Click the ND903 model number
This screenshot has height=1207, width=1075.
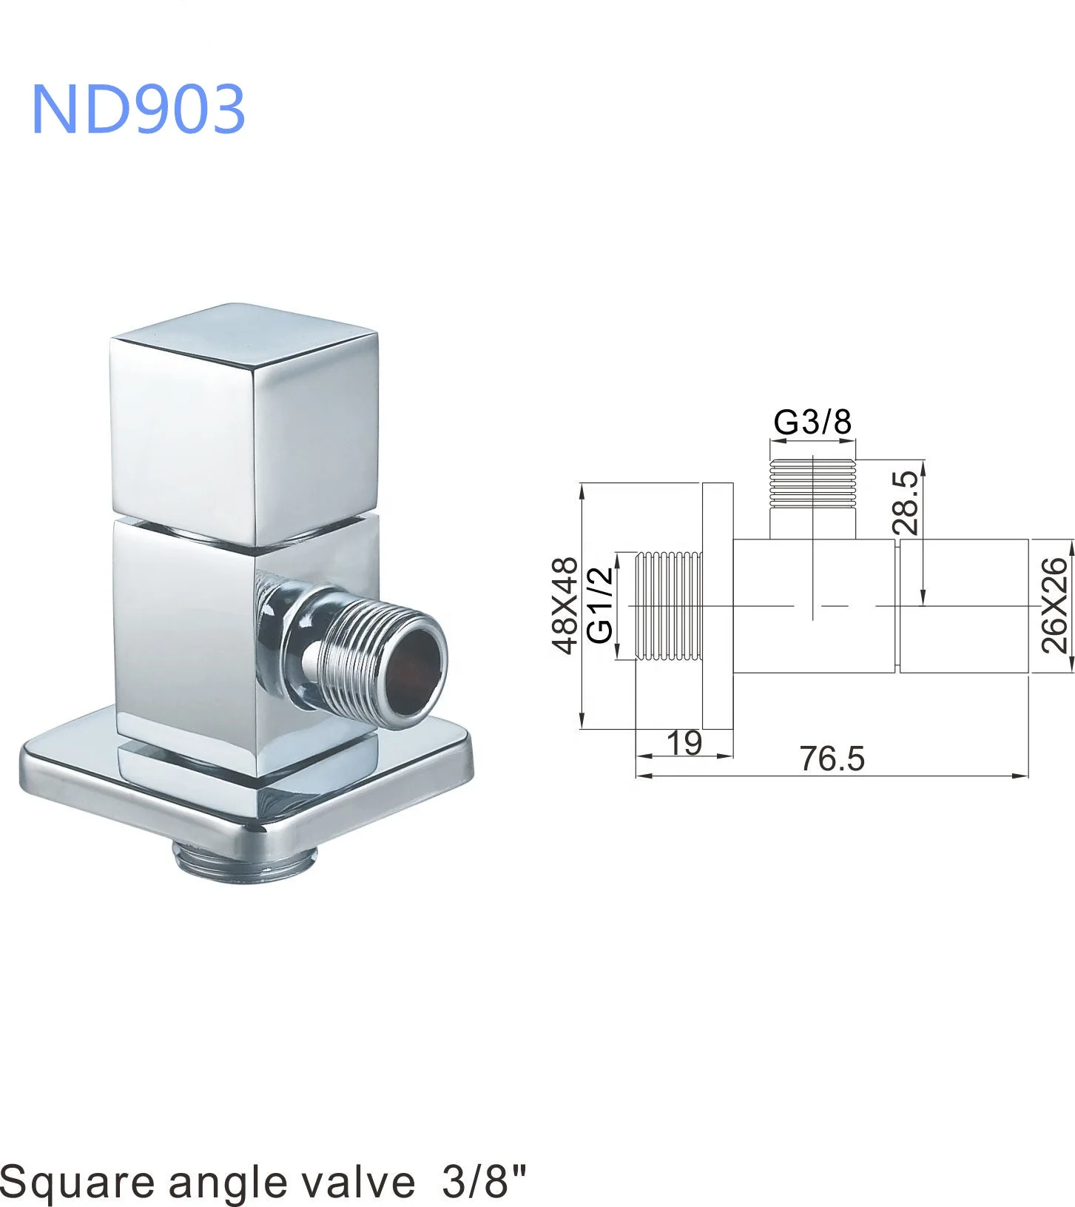click(x=138, y=109)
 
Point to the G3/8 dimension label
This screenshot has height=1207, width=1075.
click(x=812, y=422)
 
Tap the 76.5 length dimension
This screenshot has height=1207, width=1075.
click(x=832, y=759)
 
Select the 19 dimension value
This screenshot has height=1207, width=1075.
click(x=684, y=742)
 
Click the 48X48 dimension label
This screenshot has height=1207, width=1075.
click(x=565, y=605)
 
